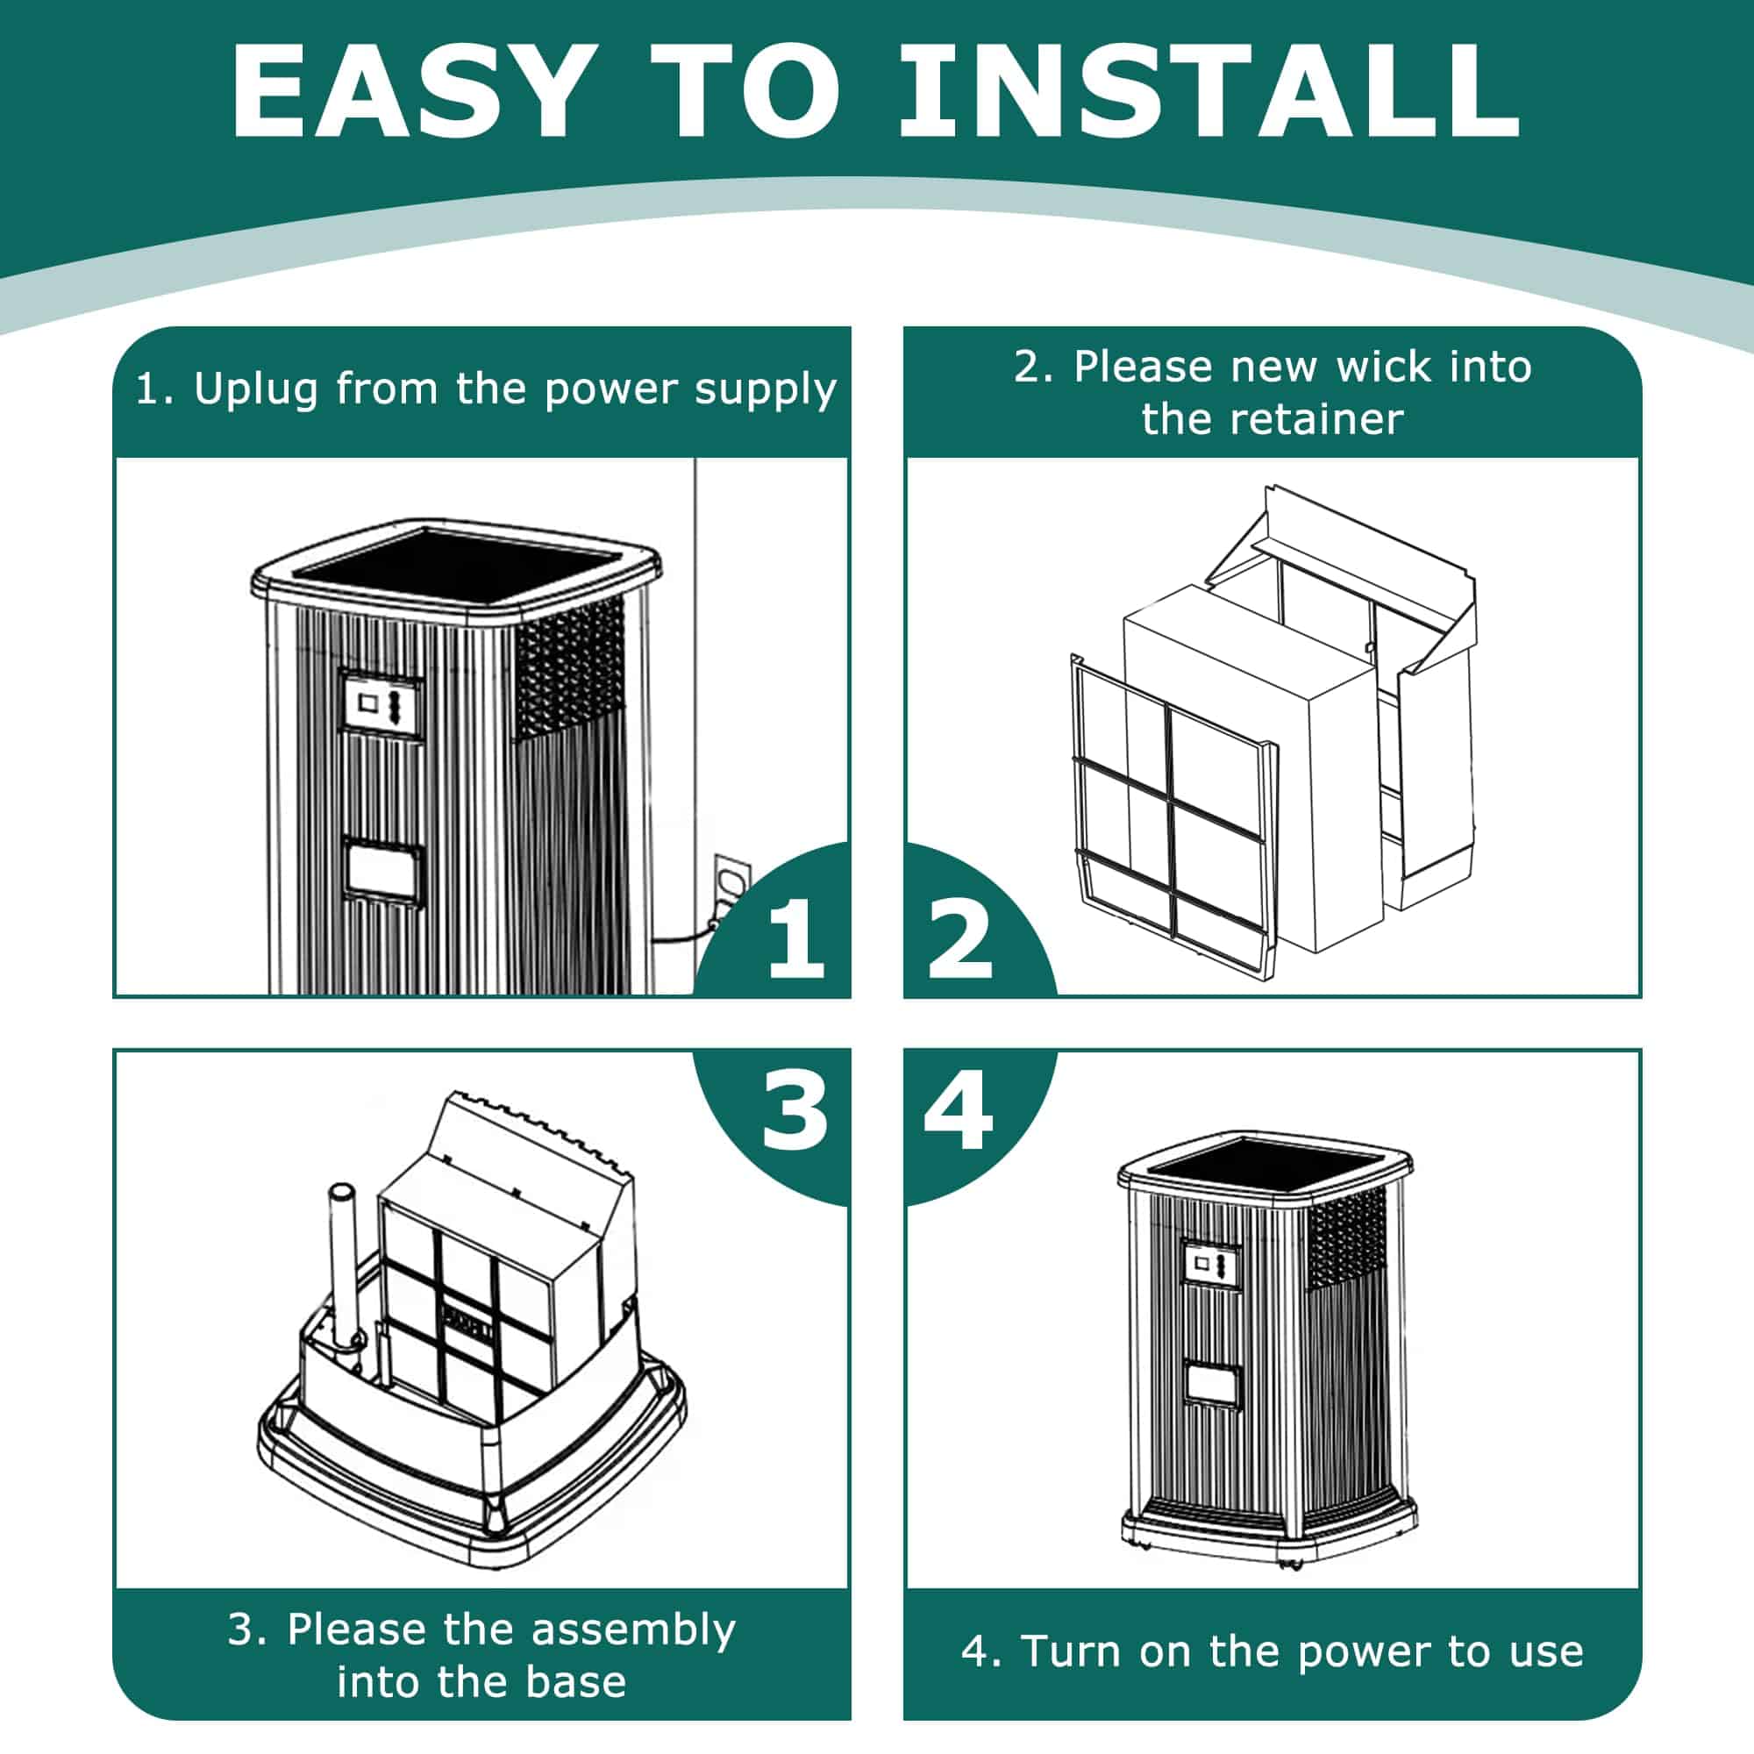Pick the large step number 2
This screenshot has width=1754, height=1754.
(x=959, y=940)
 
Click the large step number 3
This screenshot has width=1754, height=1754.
(x=795, y=1109)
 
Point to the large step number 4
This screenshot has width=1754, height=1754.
(x=959, y=1109)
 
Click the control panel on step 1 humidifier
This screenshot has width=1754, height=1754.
(x=382, y=704)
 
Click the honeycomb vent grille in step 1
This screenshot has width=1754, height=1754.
(x=570, y=667)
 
